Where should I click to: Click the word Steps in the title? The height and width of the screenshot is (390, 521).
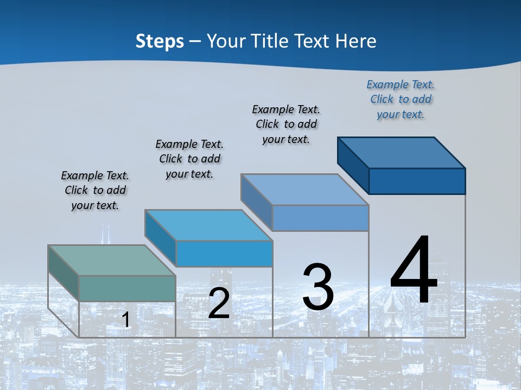point(160,41)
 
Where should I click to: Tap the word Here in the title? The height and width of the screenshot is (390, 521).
point(355,41)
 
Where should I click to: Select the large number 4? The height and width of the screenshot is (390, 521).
point(414,270)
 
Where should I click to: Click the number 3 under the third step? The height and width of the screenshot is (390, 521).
point(318,287)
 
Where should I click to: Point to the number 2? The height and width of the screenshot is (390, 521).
point(219,303)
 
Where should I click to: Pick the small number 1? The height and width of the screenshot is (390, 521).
point(126,320)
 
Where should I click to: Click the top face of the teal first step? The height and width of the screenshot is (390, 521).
point(111,260)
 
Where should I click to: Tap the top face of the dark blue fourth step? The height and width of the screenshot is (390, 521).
point(402,152)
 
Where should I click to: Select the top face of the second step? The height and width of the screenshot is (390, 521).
point(208,225)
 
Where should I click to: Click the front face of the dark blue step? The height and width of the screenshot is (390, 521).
point(417,181)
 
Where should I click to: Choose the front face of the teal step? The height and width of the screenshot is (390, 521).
point(127,288)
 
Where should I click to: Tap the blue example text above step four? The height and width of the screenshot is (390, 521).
point(401,100)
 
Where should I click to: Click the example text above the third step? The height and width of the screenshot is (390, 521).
point(286,124)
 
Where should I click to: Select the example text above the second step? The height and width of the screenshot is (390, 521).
point(189,159)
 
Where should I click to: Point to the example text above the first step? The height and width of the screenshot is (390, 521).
point(95,190)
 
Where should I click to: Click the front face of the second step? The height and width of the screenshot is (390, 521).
point(224,253)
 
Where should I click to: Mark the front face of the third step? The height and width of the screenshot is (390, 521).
point(320,218)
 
